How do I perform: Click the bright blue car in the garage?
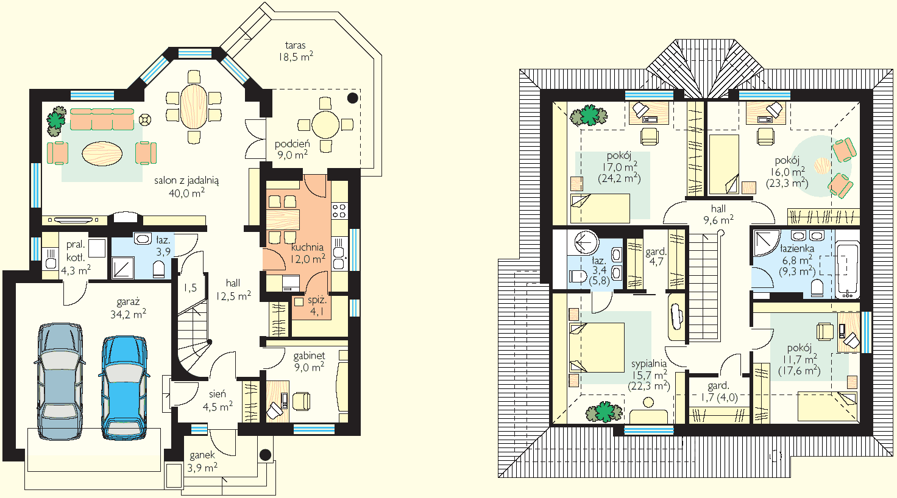click(124, 388)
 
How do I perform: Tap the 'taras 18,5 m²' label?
click(296, 51)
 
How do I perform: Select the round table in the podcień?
click(325, 125)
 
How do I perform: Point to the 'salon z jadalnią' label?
click(186, 180)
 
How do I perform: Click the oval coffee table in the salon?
click(102, 153)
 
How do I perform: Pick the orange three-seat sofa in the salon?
click(102, 119)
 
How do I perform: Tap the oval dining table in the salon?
click(194, 106)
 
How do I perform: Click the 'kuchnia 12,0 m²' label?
click(308, 253)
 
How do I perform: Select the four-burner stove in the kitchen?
click(339, 211)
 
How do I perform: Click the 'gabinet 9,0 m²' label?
click(309, 361)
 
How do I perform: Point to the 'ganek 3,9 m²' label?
click(202, 461)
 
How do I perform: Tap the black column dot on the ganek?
click(265, 455)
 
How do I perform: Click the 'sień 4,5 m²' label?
click(218, 401)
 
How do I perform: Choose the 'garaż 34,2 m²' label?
click(128, 307)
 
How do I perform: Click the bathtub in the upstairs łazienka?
click(848, 270)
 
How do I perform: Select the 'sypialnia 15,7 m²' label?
click(649, 375)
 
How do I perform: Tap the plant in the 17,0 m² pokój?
click(589, 115)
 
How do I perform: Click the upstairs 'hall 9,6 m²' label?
click(718, 214)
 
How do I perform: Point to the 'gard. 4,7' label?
click(656, 257)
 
